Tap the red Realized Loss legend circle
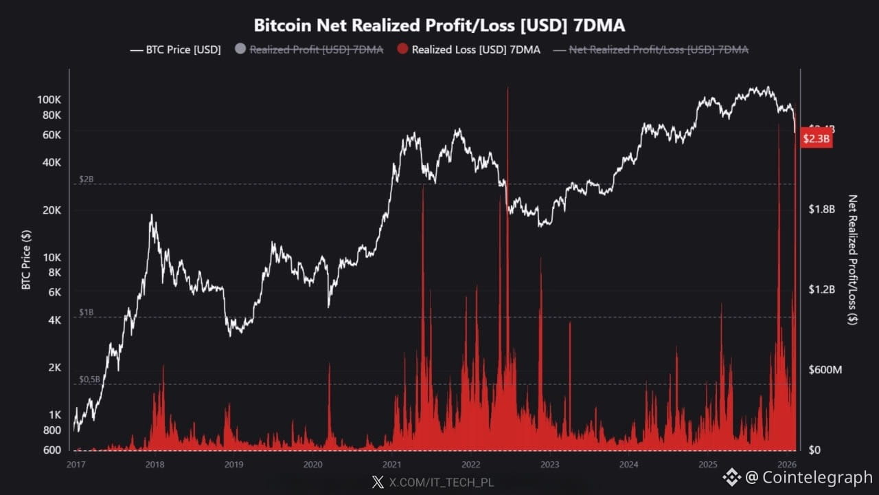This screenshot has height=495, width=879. (402, 49)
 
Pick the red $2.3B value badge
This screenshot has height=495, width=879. (817, 139)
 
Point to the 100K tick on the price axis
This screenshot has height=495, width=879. (49, 100)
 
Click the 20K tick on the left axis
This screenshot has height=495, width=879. (52, 210)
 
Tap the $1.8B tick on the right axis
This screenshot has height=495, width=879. (821, 209)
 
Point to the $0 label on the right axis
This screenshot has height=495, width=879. (815, 450)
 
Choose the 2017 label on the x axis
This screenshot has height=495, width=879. (76, 464)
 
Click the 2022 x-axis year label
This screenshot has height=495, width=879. (470, 464)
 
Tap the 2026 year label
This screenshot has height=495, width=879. (787, 464)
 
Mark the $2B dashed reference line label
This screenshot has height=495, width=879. (87, 179)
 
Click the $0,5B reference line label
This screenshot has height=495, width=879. (90, 379)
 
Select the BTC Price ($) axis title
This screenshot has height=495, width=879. (26, 259)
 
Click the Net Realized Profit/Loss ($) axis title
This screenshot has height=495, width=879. (853, 259)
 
